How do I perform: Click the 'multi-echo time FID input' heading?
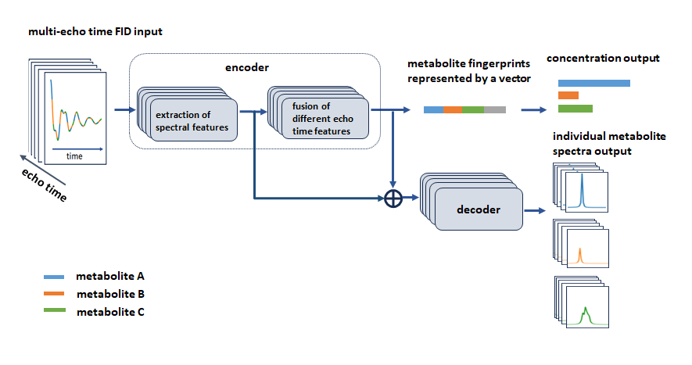click(95, 32)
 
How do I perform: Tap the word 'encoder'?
click(247, 67)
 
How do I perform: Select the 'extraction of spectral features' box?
click(194, 120)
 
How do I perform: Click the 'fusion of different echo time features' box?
click(324, 118)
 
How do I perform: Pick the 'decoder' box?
click(479, 209)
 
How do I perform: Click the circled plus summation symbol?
click(393, 199)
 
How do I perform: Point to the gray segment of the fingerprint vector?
click(495, 110)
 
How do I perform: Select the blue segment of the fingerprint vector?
click(433, 110)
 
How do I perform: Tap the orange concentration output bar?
click(568, 95)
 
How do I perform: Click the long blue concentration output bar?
click(594, 84)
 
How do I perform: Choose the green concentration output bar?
click(575, 109)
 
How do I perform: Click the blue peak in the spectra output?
click(582, 191)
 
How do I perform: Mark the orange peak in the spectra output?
click(580, 256)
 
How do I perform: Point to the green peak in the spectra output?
click(586, 316)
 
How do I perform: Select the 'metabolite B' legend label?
click(110, 294)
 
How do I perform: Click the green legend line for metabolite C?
click(55, 310)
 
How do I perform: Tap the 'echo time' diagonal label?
click(44, 185)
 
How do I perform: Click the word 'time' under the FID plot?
click(74, 156)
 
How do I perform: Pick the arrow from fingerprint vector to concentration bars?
click(533, 110)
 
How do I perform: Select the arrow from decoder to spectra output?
click(535, 210)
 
